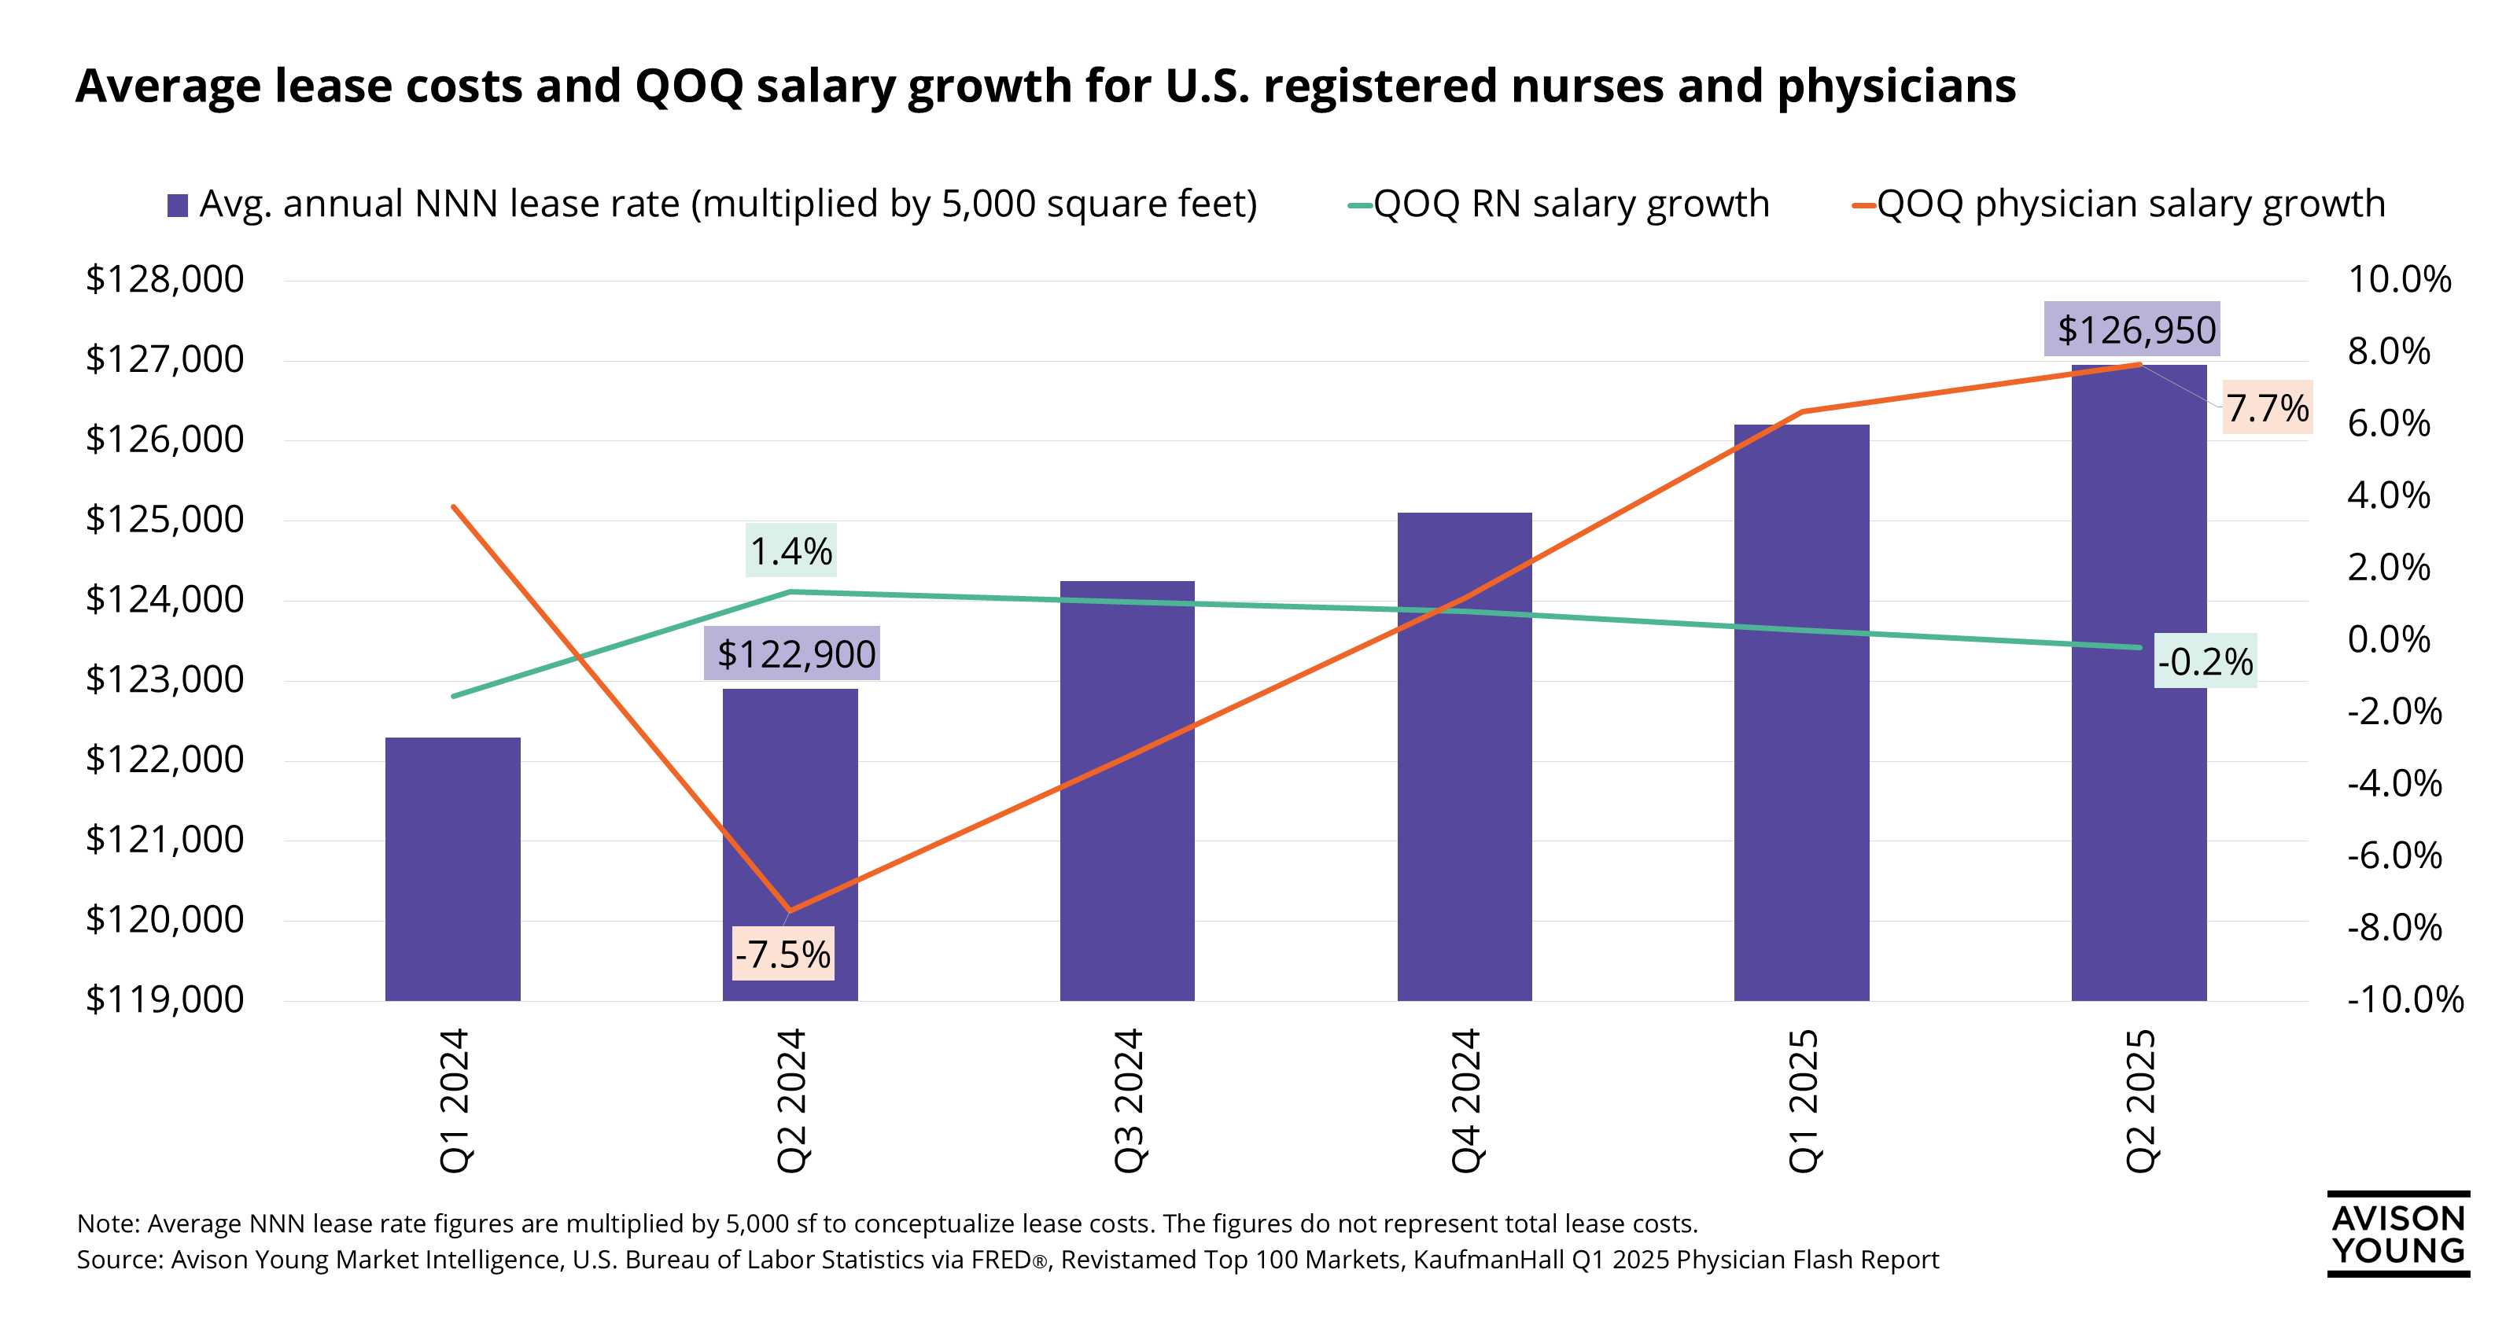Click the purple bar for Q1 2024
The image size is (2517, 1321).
pyautogui.click(x=452, y=869)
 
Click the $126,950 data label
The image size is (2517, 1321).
pyautogui.click(x=2136, y=329)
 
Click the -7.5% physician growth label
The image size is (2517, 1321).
pyautogui.click(x=783, y=954)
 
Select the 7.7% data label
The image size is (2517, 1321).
pyautogui.click(x=2267, y=407)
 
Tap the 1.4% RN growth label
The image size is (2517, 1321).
pyautogui.click(x=790, y=551)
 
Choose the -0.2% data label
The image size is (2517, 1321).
pyautogui.click(x=2206, y=662)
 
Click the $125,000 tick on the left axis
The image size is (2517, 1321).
pyautogui.click(x=164, y=519)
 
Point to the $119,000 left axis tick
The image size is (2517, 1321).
pyautogui.click(x=164, y=999)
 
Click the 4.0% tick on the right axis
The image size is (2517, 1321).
pyautogui.click(x=2388, y=495)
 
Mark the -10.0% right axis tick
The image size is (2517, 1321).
pyautogui.click(x=2405, y=999)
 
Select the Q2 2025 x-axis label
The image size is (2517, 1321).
pyautogui.click(x=2139, y=1099)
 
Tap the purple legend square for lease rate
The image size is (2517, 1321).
pyautogui.click(x=178, y=206)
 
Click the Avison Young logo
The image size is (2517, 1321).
pyautogui.click(x=2397, y=1233)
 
